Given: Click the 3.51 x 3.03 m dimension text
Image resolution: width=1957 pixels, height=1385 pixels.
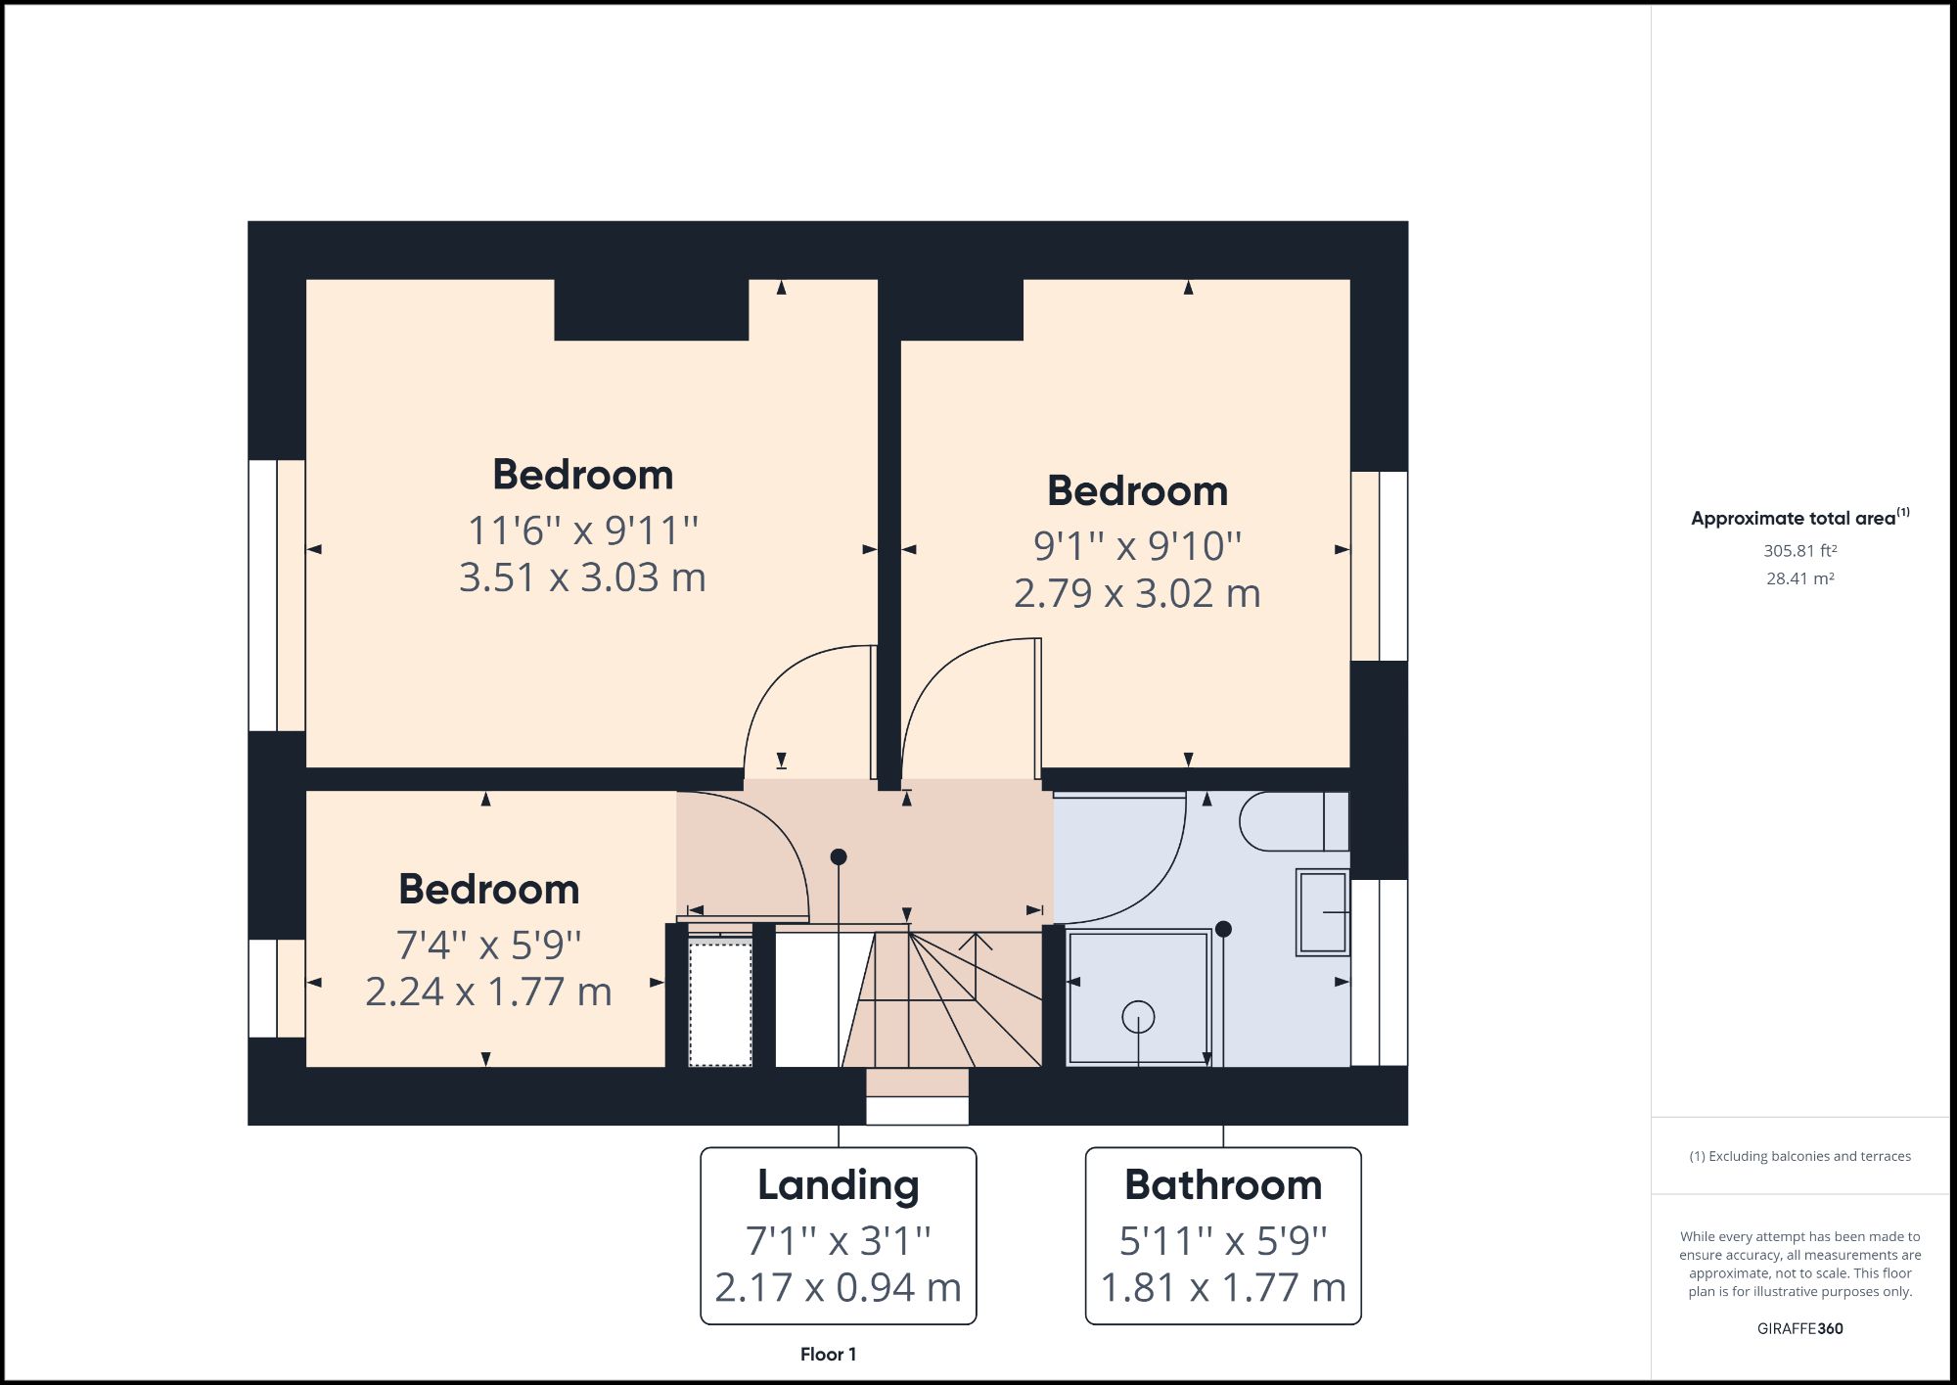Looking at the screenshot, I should [x=582, y=577].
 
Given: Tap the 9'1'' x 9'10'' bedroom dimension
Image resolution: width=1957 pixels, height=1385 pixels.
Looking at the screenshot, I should [x=1137, y=546].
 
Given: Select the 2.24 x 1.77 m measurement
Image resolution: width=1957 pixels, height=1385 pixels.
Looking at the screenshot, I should [x=488, y=992].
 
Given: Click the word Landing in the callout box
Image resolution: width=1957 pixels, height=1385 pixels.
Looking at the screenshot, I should [x=839, y=1185].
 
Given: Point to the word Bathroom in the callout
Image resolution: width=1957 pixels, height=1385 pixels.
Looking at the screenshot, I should [x=1223, y=1185].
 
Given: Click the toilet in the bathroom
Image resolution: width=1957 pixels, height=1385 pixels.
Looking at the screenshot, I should [x=1292, y=821].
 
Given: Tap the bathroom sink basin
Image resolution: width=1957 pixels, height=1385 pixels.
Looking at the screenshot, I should [x=1323, y=911].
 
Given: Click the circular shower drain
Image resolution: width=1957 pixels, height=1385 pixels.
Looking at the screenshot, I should [x=1138, y=1017].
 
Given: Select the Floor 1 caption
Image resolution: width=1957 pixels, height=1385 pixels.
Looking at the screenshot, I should [x=828, y=1355].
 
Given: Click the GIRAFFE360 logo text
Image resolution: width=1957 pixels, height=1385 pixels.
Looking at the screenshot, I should [x=1799, y=1328].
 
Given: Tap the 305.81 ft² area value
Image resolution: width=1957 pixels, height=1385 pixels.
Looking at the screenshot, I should [x=1799, y=551].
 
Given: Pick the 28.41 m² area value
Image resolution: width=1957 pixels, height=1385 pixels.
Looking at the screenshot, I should [x=1799, y=578].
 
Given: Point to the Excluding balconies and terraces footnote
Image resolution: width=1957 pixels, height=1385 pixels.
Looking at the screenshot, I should [x=1799, y=1156].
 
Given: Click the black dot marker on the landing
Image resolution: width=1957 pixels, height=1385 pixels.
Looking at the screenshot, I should [x=839, y=856].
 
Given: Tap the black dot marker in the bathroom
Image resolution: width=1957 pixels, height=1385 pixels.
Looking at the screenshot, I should [x=1223, y=928].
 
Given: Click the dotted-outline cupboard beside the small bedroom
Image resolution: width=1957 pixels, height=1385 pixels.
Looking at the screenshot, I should [x=720, y=1001].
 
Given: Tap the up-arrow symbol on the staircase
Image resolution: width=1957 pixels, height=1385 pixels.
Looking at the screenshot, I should [x=976, y=942].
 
